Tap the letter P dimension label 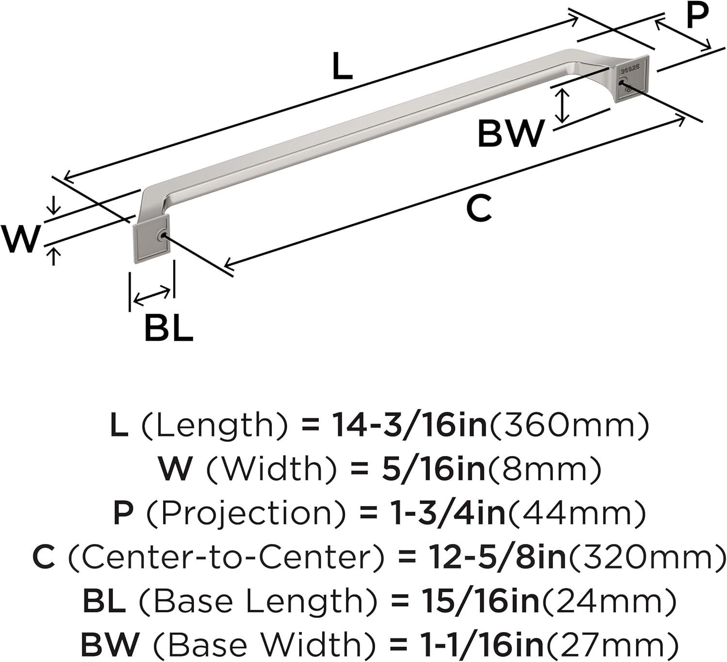[x=696, y=15]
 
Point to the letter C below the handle [x=479, y=208]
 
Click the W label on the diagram [x=20, y=239]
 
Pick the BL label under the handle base [x=169, y=328]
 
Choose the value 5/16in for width [x=434, y=469]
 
